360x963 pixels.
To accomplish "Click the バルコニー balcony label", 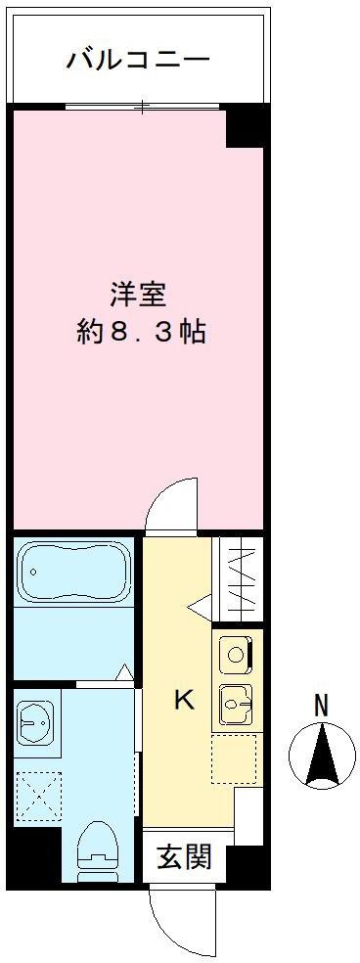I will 138,60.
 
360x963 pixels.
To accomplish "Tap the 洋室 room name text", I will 136,293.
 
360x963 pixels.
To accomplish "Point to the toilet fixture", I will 98,846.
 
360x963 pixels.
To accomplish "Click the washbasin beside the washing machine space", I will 35,723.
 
